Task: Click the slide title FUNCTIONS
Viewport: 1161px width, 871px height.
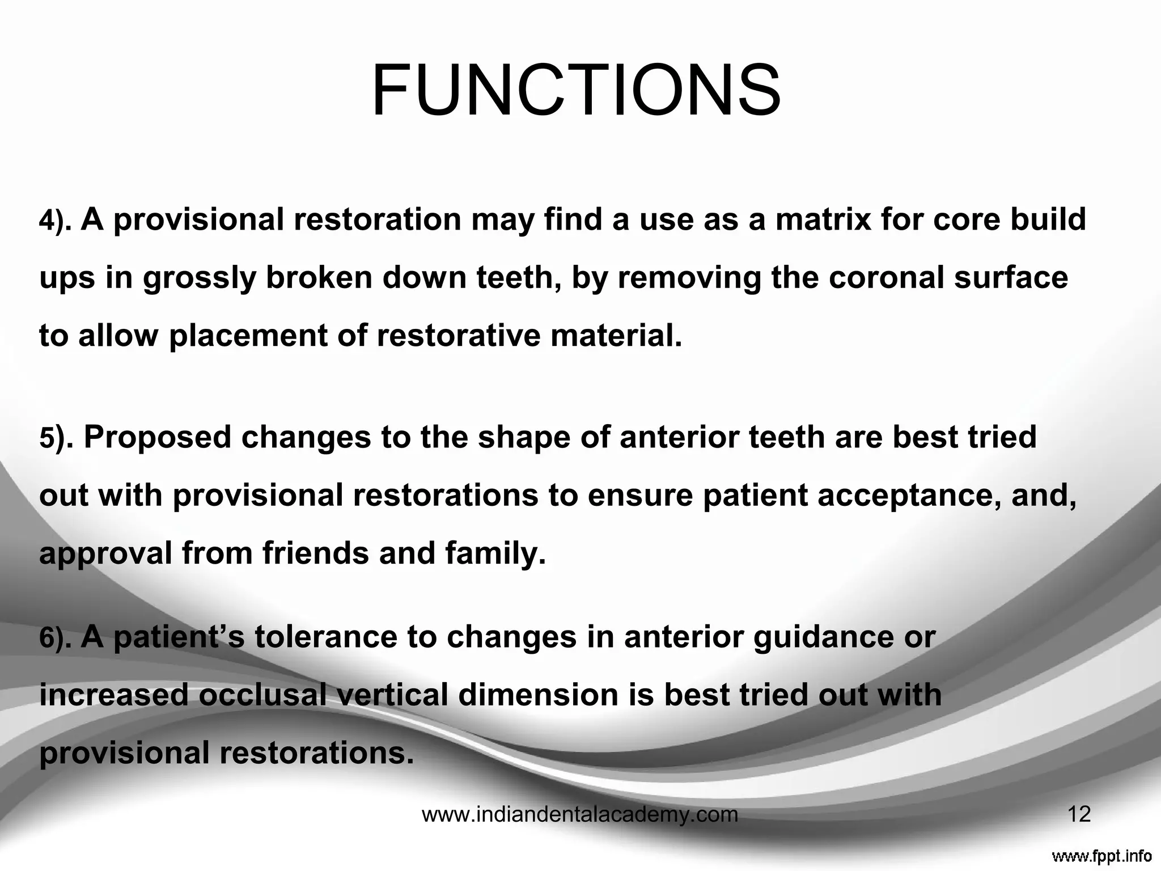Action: click(x=576, y=91)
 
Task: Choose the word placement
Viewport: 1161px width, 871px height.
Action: click(x=248, y=336)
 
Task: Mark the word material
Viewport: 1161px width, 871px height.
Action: click(x=616, y=336)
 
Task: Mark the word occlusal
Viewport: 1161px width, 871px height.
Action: click(x=263, y=695)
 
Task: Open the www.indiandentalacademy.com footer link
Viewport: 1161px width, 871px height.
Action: click(x=580, y=815)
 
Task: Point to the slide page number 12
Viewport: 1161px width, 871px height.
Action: click(x=1079, y=815)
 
